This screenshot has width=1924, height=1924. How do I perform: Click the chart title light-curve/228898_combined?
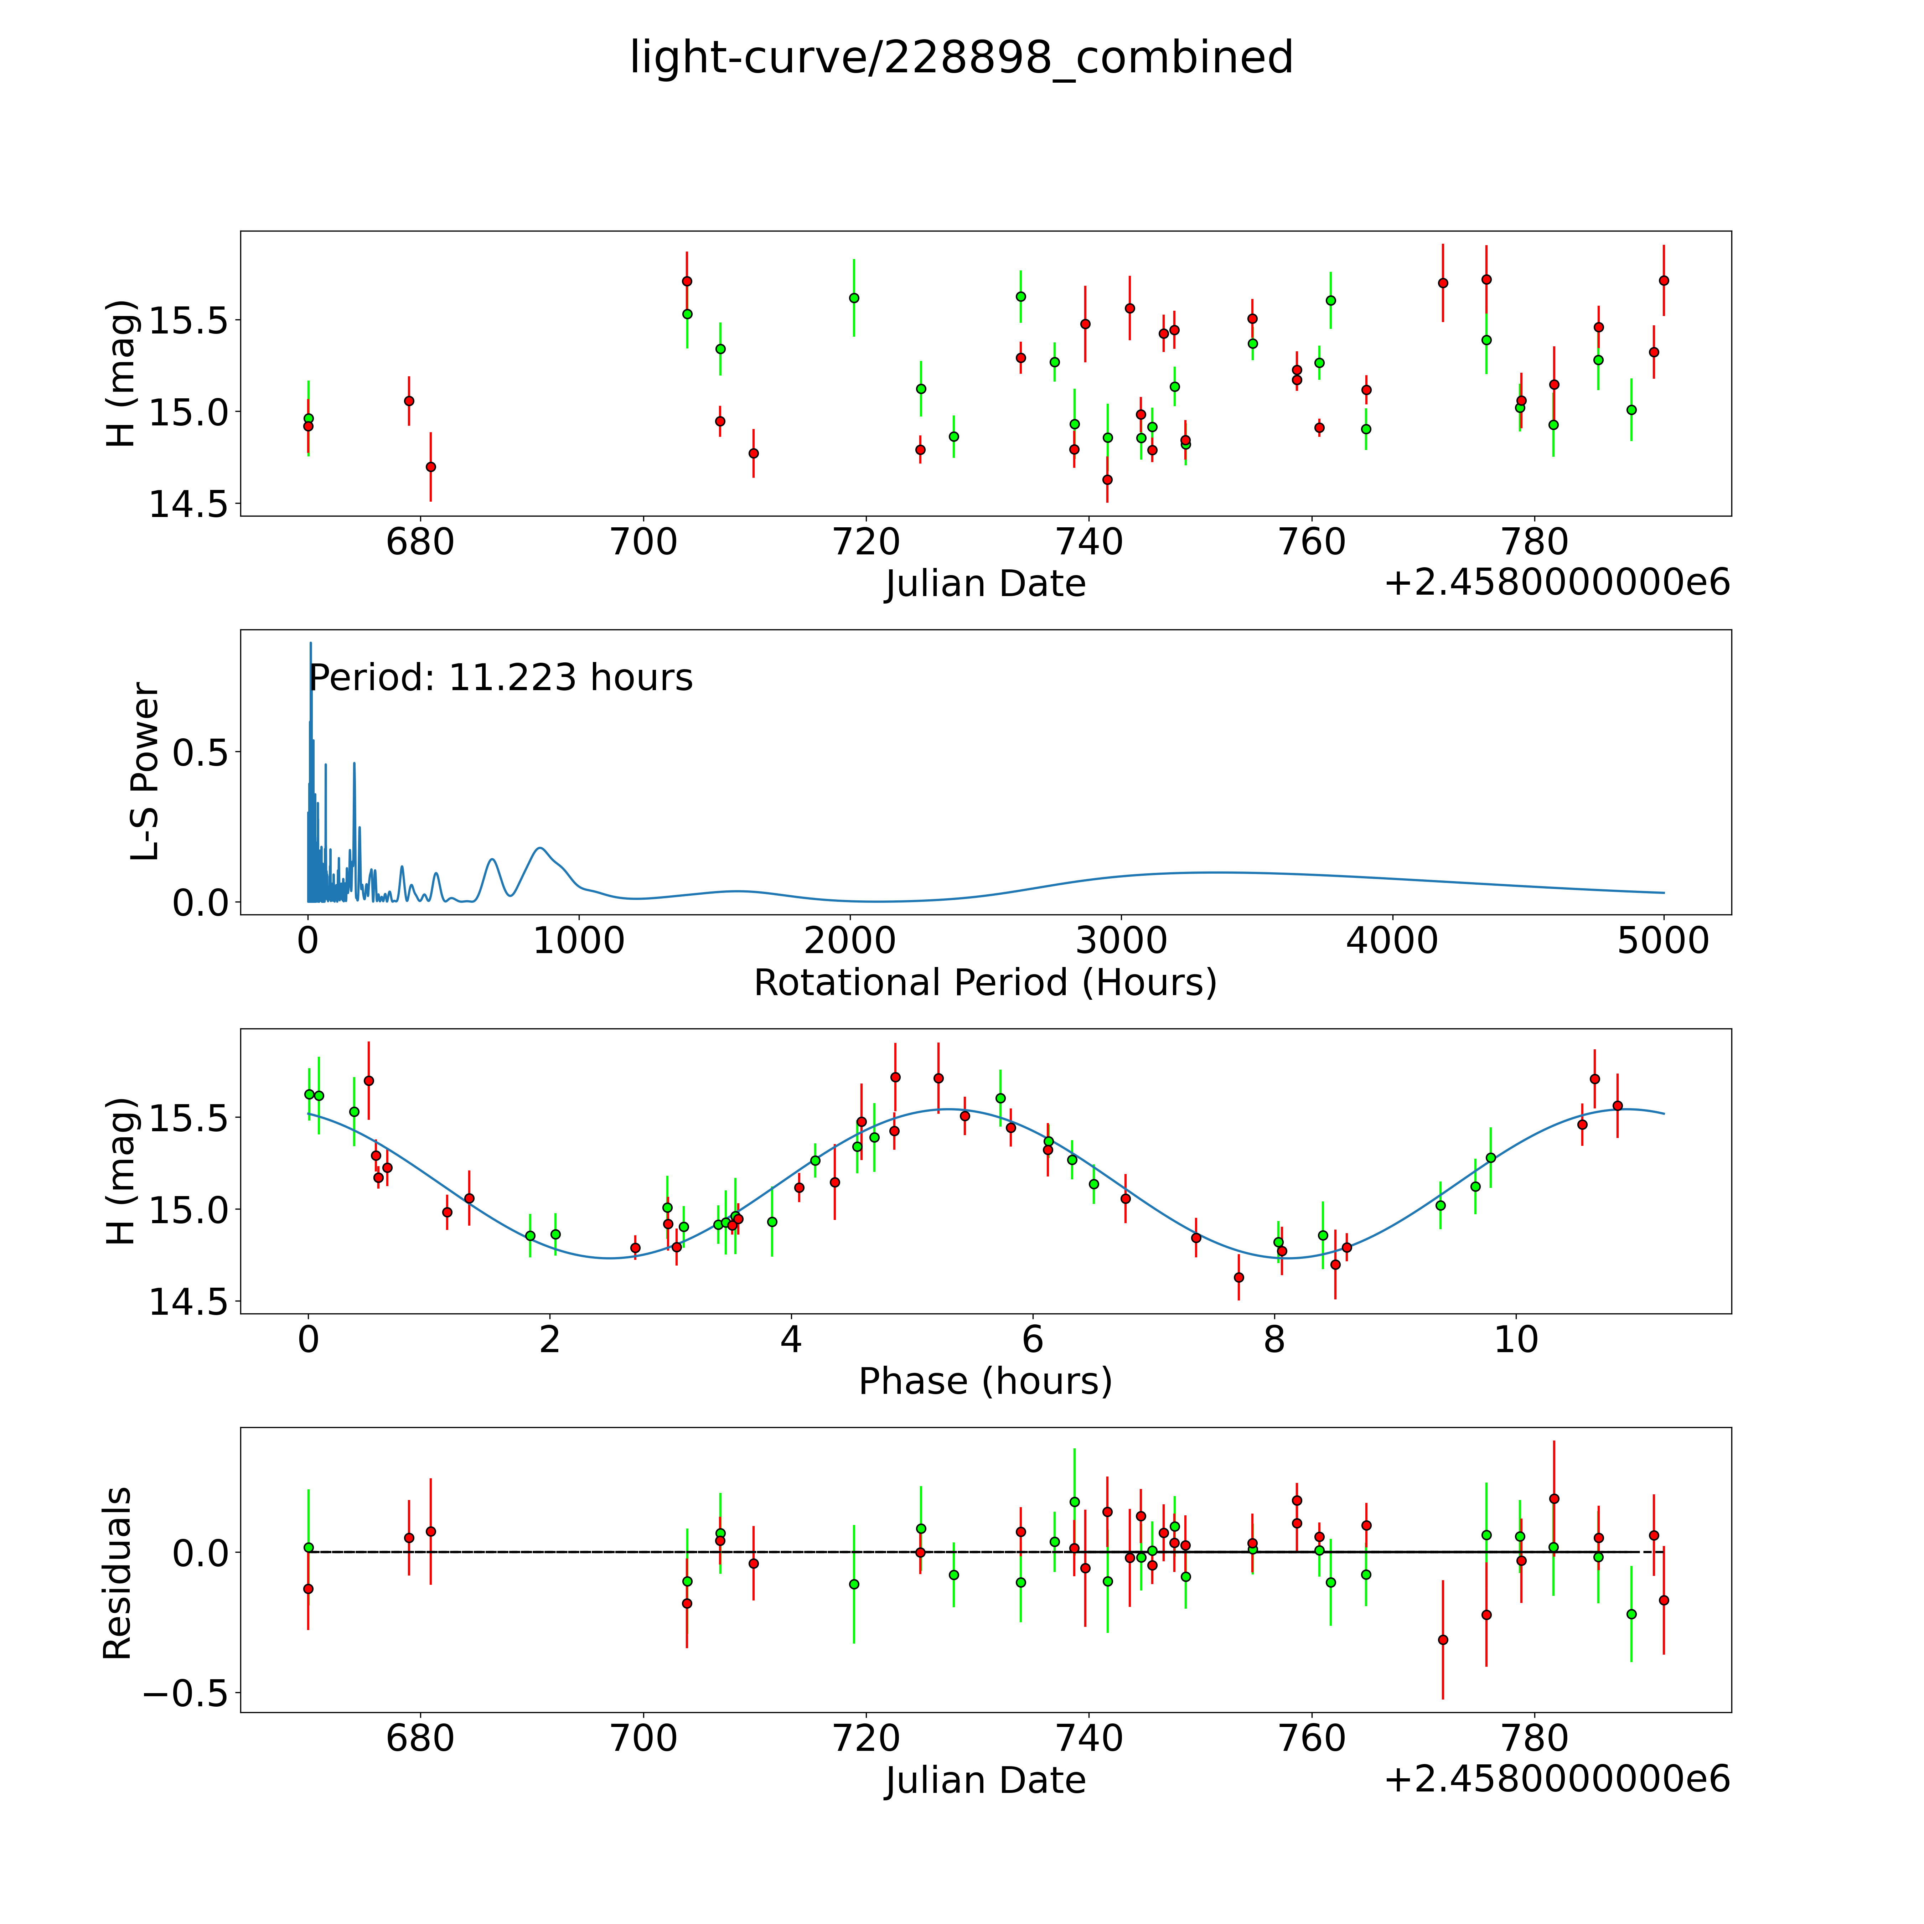pos(961,58)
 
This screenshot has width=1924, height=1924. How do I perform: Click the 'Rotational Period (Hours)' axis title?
pos(985,983)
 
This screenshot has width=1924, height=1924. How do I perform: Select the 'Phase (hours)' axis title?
pos(985,1381)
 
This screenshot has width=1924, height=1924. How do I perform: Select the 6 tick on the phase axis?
pos(1033,1339)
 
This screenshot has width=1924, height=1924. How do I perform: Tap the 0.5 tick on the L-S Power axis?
pos(200,753)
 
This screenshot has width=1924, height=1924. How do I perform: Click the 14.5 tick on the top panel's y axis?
pos(188,505)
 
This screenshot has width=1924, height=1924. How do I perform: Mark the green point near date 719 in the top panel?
pos(853,298)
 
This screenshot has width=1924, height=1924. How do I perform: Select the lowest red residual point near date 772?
pos(1443,1639)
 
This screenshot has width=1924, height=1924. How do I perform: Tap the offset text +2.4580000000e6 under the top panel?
pos(1557,583)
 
